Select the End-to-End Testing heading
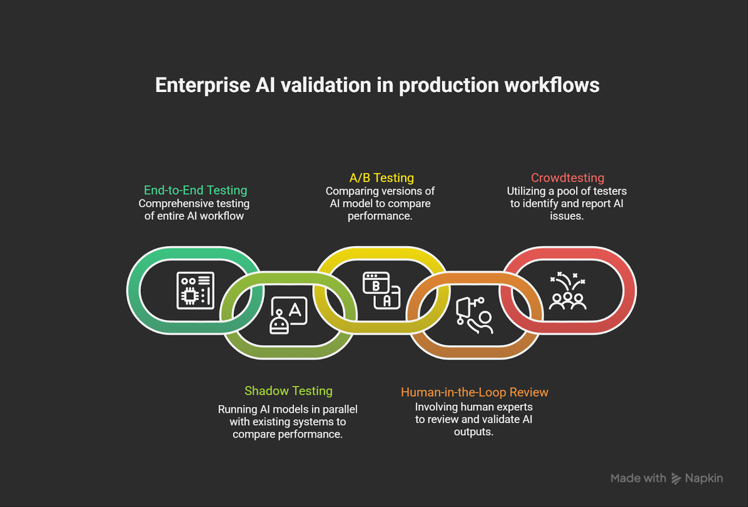coord(195,190)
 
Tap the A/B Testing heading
coord(381,178)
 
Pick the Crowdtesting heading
coord(567,178)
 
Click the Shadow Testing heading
coord(288,391)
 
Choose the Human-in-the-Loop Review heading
coord(474,392)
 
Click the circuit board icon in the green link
coord(195,290)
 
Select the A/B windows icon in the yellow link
coord(381,290)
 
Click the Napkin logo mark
coord(676,478)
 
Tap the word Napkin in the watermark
coord(704,478)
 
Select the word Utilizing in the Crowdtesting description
coord(526,191)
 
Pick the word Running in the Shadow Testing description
coord(237,409)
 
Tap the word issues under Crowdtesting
coord(567,216)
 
